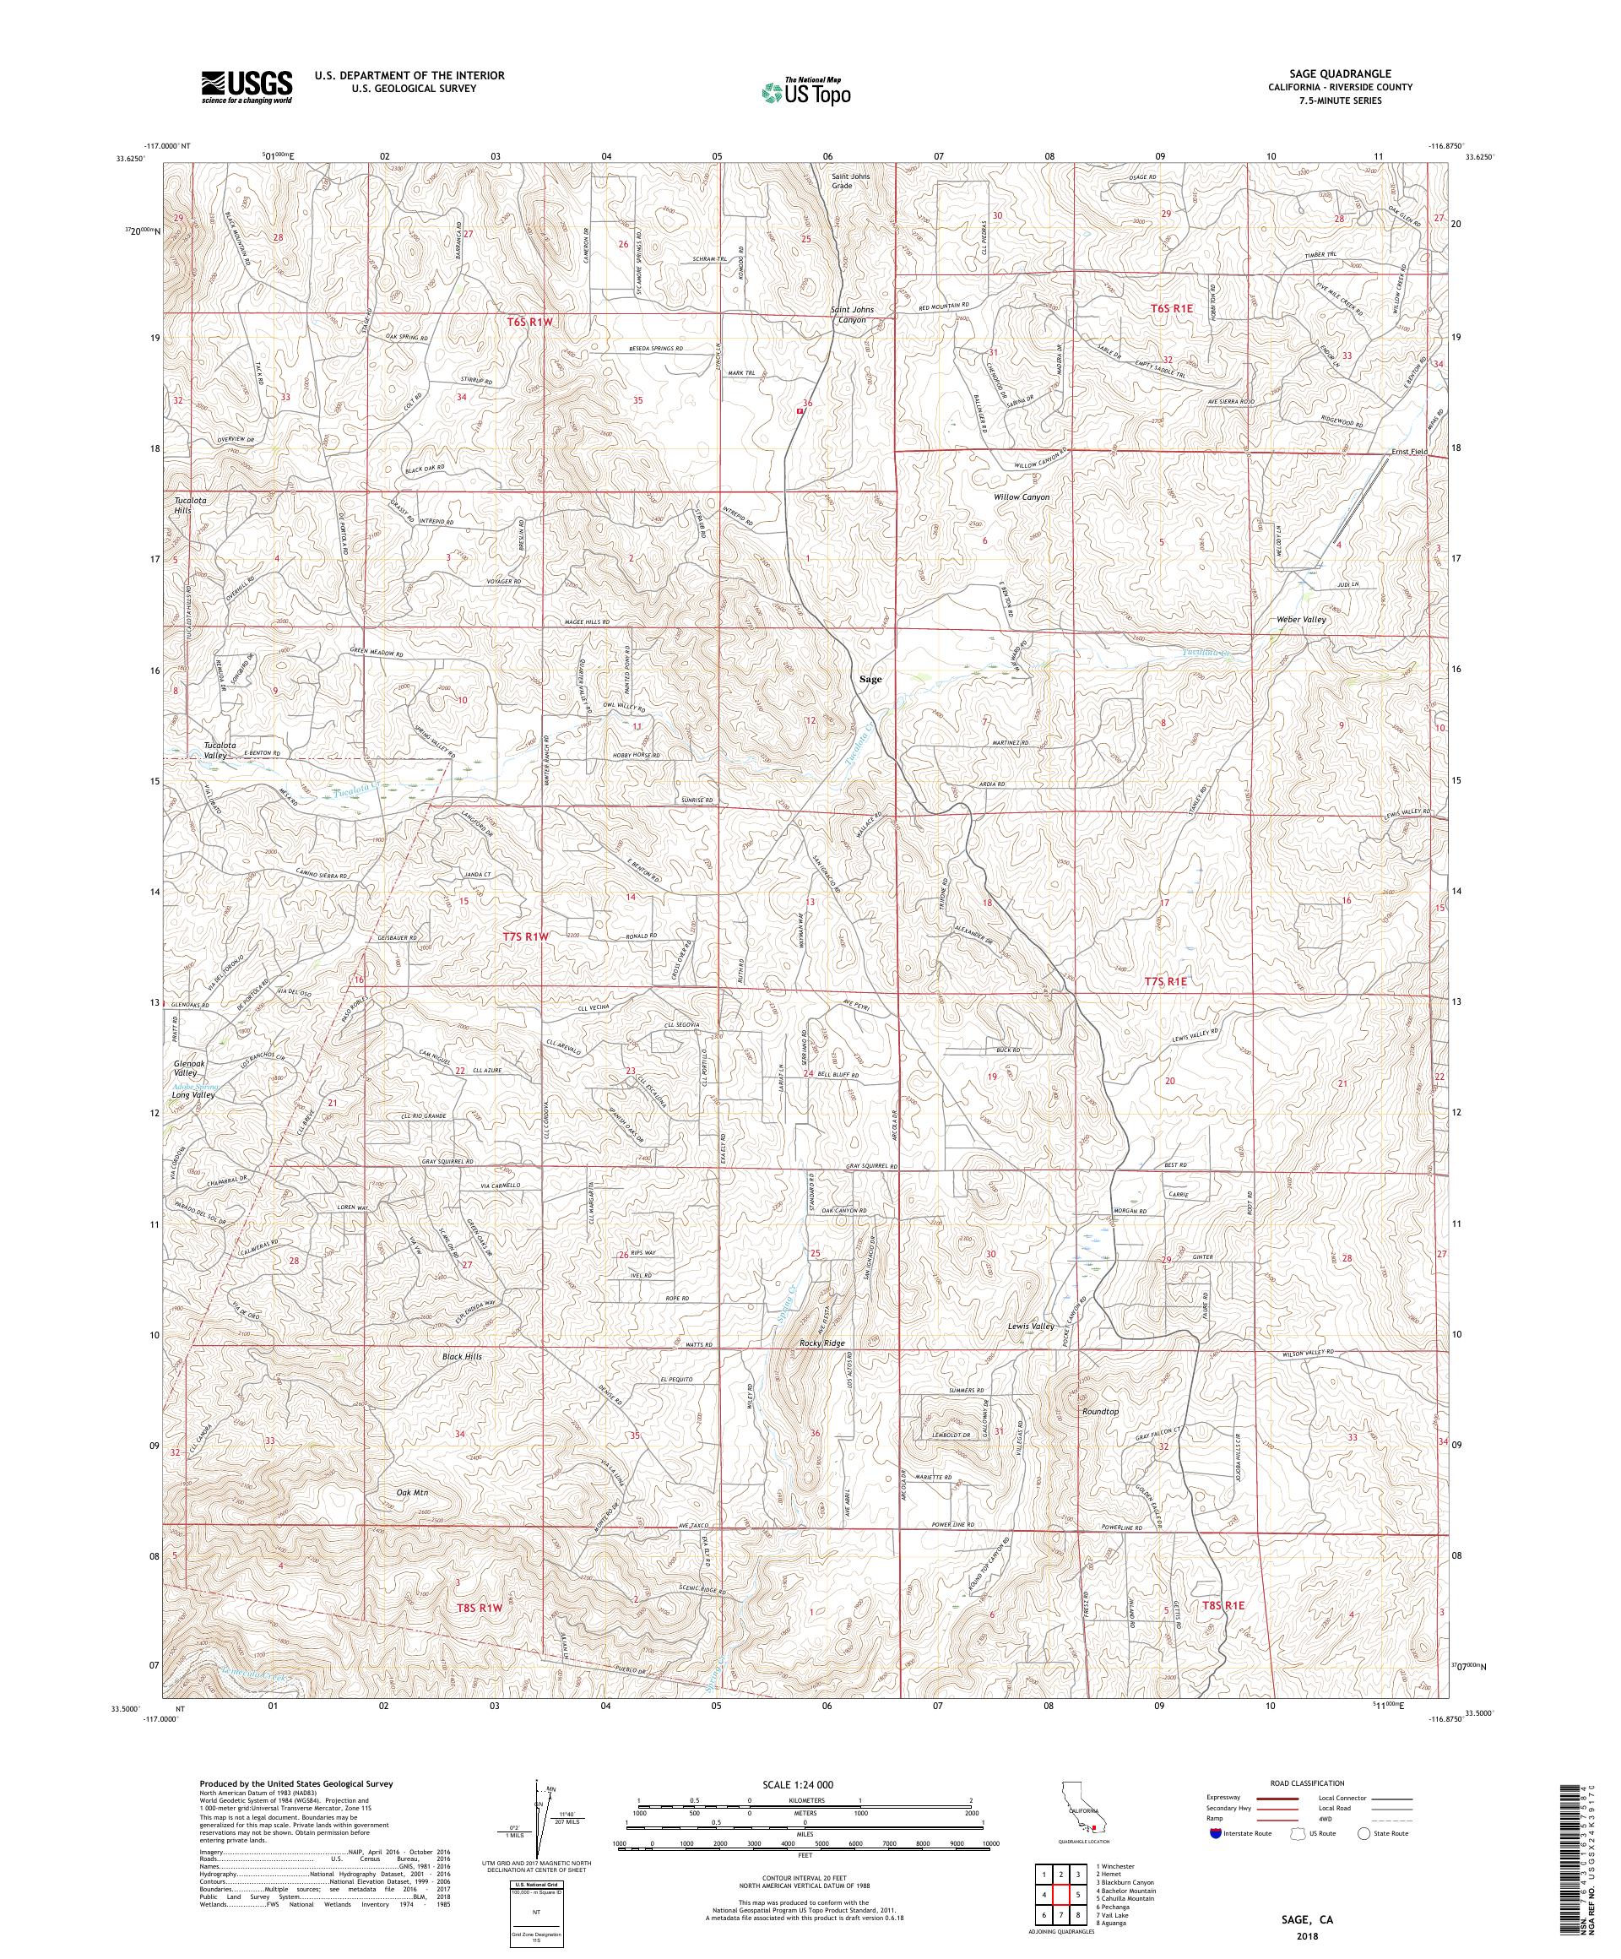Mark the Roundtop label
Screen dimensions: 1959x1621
[x=1099, y=1412]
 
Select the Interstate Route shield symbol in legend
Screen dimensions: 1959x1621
[x=1214, y=1833]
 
